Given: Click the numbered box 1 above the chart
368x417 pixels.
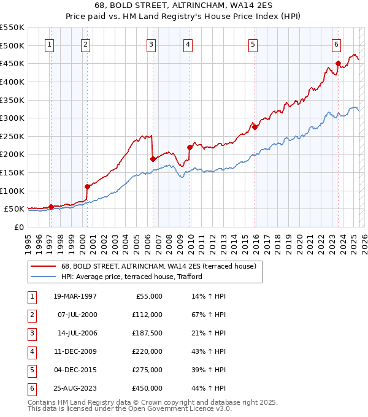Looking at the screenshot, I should coord(48,44).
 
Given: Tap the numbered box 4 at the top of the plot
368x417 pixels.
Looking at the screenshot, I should coord(188,44).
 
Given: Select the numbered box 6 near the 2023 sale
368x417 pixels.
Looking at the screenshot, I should coord(337,44).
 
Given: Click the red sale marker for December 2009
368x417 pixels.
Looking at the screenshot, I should coord(190,147).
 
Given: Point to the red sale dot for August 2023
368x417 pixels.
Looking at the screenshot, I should coord(338,63).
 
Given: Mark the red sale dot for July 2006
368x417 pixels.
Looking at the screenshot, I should coord(152,159).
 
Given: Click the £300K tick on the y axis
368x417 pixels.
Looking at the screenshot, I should coord(12,118).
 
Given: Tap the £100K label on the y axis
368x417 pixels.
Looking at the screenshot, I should coord(12,191).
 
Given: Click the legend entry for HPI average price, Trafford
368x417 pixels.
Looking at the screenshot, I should coord(131,277).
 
